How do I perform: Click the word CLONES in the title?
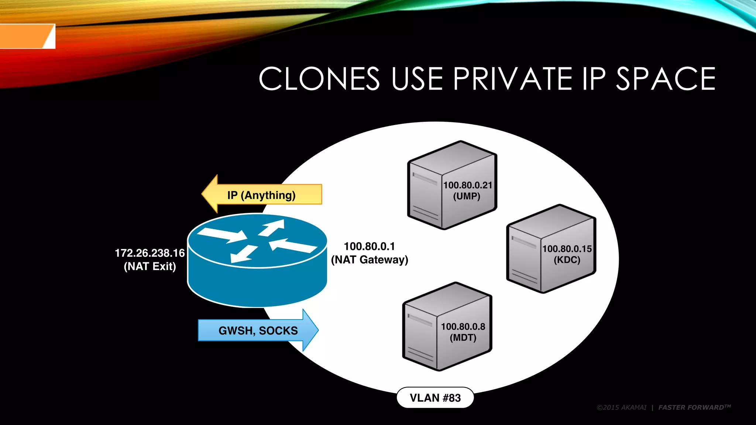pyautogui.click(x=319, y=79)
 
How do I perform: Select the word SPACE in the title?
pyautogui.click(x=666, y=79)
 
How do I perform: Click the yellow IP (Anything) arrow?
pyautogui.click(x=261, y=195)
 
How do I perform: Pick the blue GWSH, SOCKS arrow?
pyautogui.click(x=258, y=330)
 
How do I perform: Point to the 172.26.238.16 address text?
pyautogui.click(x=150, y=253)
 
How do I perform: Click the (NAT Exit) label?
pyautogui.click(x=150, y=266)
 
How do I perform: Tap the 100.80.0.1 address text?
pyautogui.click(x=369, y=246)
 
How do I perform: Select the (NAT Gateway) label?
pyautogui.click(x=370, y=260)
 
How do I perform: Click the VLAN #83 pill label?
pyautogui.click(x=435, y=398)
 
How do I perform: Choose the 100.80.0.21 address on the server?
pyautogui.click(x=467, y=185)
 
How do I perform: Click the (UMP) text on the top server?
pyautogui.click(x=467, y=196)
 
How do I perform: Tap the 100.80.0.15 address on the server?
pyautogui.click(x=567, y=249)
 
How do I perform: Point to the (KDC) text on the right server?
pyautogui.click(x=567, y=260)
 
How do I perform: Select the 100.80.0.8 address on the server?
pyautogui.click(x=463, y=326)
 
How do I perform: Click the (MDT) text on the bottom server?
pyautogui.click(x=463, y=338)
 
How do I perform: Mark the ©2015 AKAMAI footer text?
pyautogui.click(x=622, y=407)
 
